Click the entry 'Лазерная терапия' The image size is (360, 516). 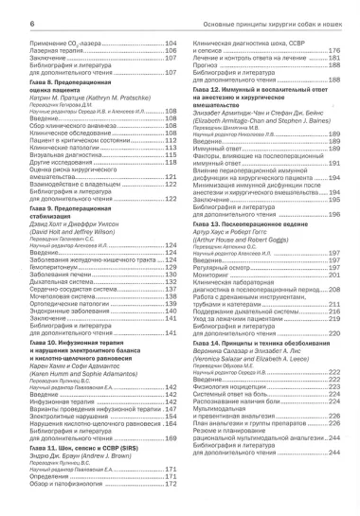tap(40, 53)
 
